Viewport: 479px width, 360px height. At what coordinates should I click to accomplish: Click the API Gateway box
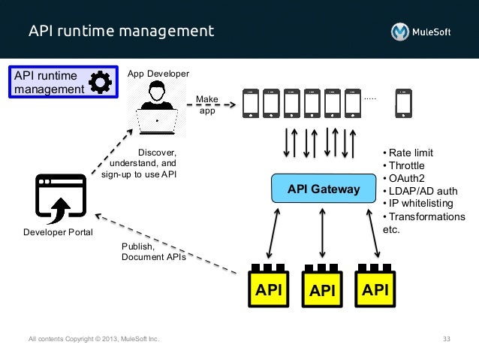click(323, 189)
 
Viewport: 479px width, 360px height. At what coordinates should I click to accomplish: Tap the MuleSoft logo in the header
click(420, 32)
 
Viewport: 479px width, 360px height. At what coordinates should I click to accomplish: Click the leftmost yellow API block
click(270, 286)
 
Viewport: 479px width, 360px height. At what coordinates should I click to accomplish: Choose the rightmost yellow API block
click(375, 286)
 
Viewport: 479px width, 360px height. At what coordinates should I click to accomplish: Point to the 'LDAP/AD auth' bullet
click(421, 191)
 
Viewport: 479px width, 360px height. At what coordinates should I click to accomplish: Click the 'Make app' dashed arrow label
click(207, 105)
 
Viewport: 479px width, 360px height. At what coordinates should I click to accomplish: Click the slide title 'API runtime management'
click(121, 32)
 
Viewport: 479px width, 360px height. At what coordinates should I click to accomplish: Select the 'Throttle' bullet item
click(406, 165)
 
